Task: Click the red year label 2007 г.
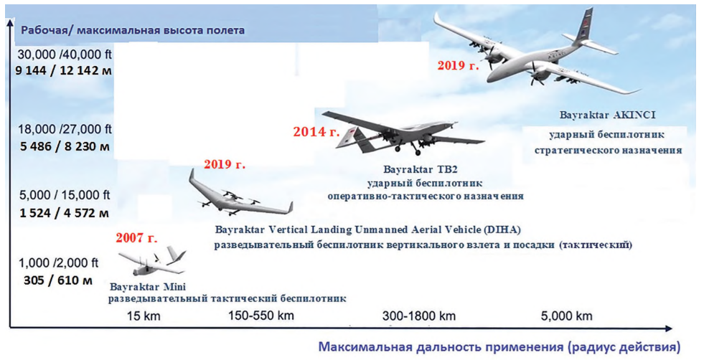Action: pyautogui.click(x=136, y=237)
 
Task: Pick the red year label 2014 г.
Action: pyautogui.click(x=316, y=132)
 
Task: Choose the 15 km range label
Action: pyautogui.click(x=144, y=316)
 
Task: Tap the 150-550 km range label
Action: pyautogui.click(x=261, y=315)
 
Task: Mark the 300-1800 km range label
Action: pyautogui.click(x=419, y=316)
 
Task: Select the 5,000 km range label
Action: pyautogui.click(x=567, y=316)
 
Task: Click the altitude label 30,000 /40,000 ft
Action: pyautogui.click(x=65, y=55)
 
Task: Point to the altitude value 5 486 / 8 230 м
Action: pyautogui.click(x=65, y=147)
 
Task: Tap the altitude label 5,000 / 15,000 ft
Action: pyautogui.click(x=65, y=195)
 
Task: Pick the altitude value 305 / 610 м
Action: pyautogui.click(x=58, y=280)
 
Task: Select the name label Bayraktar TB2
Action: pyautogui.click(x=421, y=170)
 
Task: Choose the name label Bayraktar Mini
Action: pyautogui.click(x=148, y=287)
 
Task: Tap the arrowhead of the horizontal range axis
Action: pyautogui.click(x=668, y=329)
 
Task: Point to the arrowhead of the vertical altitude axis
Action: pyautogui.click(x=10, y=24)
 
